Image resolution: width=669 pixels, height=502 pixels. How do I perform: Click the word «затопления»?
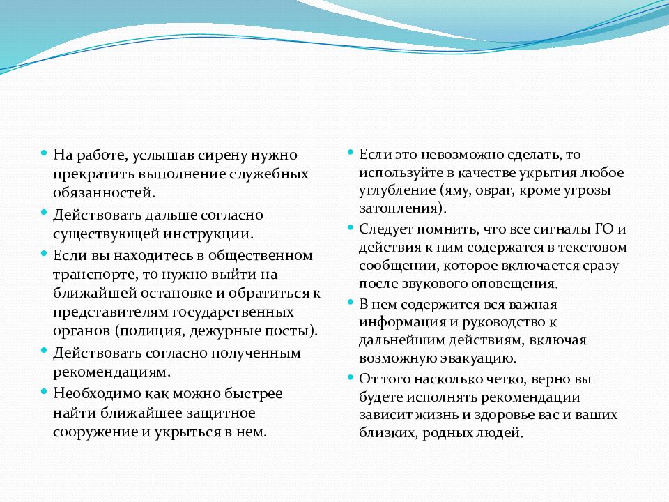(397, 208)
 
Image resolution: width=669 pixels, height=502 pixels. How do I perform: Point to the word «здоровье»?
(498, 414)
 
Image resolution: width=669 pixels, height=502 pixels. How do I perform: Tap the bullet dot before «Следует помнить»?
(350, 227)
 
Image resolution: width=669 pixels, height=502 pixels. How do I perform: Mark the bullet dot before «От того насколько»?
(350, 377)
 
